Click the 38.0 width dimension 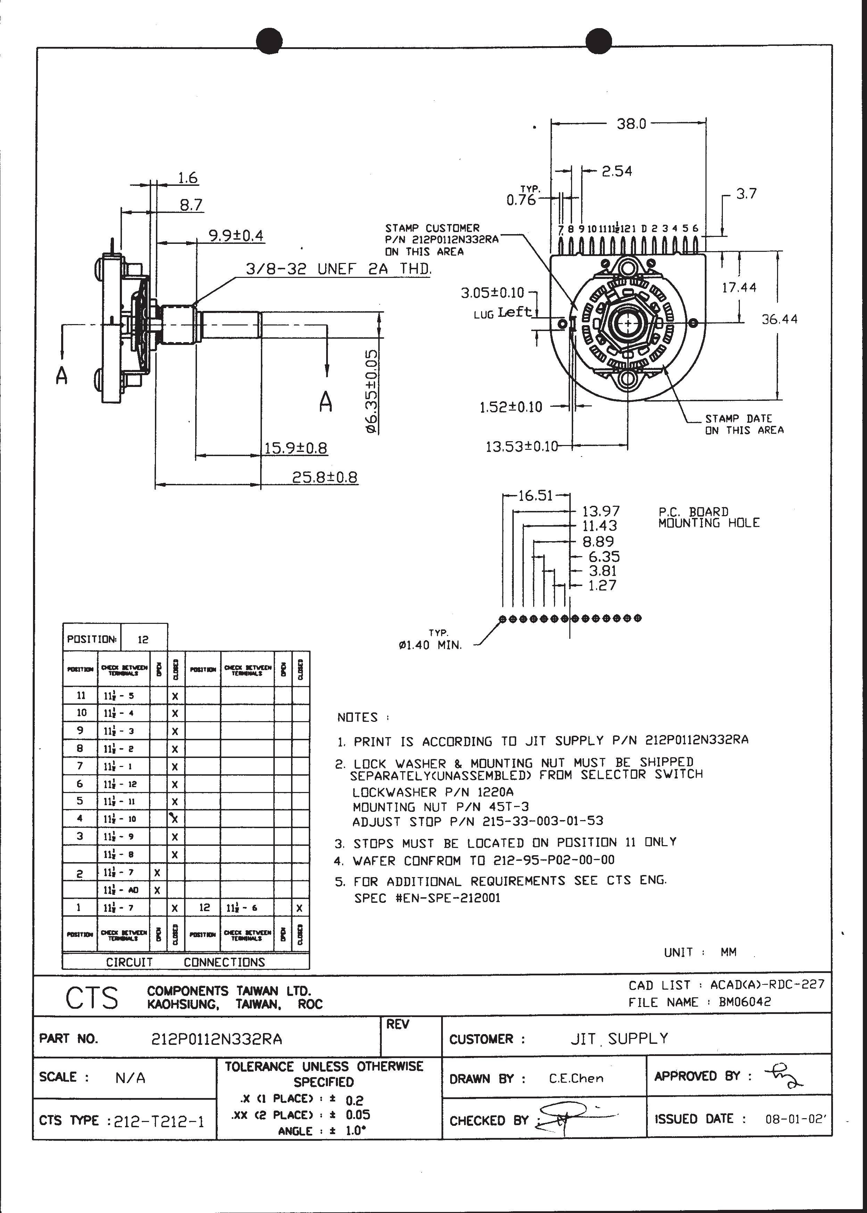[631, 124]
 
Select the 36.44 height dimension [779, 319]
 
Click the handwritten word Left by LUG [515, 312]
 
